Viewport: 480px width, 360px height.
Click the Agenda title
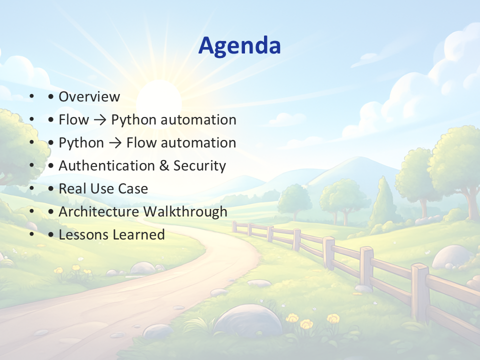point(239,46)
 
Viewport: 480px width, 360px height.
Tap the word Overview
point(89,96)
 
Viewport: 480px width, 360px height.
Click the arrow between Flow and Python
point(100,119)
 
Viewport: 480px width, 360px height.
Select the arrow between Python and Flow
point(115,143)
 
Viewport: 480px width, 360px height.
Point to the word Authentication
point(106,165)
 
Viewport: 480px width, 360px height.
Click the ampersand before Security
point(164,165)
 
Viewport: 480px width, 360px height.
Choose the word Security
point(199,166)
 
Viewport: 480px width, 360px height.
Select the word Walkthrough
point(185,212)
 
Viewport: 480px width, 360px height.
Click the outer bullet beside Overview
point(32,96)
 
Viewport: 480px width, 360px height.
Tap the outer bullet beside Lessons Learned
point(32,234)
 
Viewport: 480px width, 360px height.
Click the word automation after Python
point(198,119)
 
